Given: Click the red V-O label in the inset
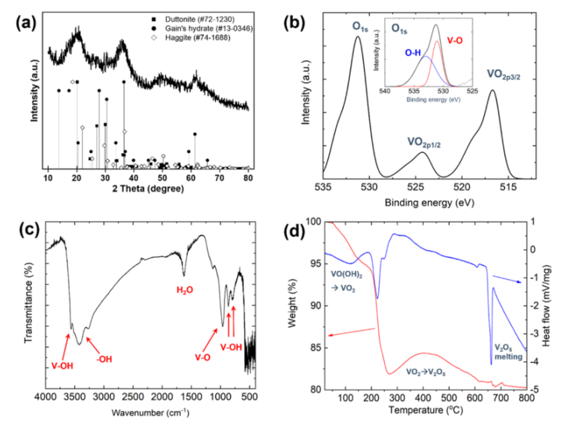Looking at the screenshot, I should (455, 41).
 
